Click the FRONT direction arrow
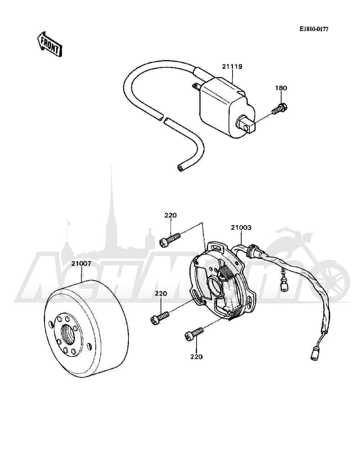50,44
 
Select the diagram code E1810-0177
314,29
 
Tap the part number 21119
232,67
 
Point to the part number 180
281,88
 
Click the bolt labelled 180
280,109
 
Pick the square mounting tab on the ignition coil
246,126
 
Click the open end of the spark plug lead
181,167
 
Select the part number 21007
81,263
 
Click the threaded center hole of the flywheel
69,335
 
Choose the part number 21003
241,227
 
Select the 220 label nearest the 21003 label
171,215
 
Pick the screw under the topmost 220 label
170,239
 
